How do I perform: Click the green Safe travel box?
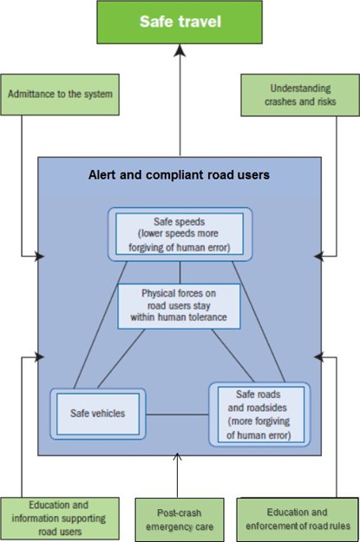pos(180,23)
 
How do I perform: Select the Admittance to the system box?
pos(60,95)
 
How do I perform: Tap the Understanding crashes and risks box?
pos(300,95)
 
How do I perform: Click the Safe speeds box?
pos(180,234)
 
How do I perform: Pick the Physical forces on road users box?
pos(179,306)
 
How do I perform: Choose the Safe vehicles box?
pos(98,414)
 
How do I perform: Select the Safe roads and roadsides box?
pos(259,415)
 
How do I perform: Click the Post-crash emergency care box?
pos(180,519)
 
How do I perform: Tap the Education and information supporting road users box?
pos(60,519)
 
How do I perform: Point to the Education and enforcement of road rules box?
pos(298,519)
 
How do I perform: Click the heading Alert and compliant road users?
pos(179,175)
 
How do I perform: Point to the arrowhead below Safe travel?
pos(180,50)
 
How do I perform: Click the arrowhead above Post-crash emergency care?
pos(178,457)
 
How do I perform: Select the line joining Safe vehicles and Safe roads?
pos(177,415)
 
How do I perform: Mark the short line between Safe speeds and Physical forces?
pos(180,272)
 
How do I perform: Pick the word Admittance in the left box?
pos(26,94)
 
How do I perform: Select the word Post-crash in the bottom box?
pos(180,513)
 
